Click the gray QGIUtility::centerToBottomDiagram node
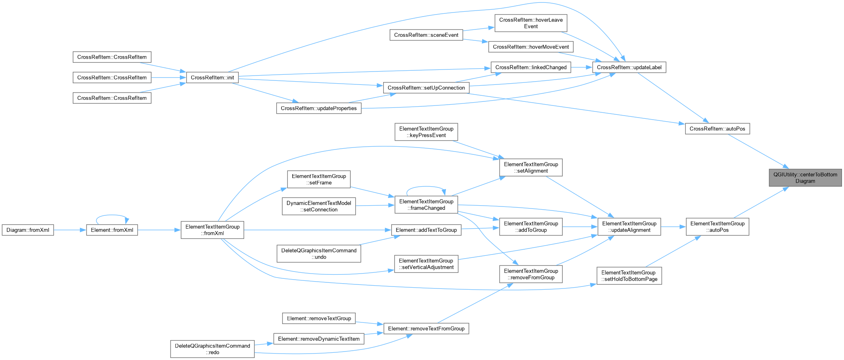pyautogui.click(x=805, y=178)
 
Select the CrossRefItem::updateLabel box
pyautogui.click(x=629, y=67)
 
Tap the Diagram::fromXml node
pyautogui.click(x=28, y=230)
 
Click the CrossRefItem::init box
pyautogui.click(x=212, y=78)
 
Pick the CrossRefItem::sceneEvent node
pyautogui.click(x=426, y=35)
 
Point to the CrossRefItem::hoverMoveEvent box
pyautogui.click(x=531, y=47)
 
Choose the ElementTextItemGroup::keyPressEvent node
pyautogui.click(x=426, y=132)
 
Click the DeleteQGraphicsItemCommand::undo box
pyautogui.click(x=319, y=254)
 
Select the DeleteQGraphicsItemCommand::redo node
pyautogui.click(x=212, y=349)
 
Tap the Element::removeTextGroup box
pyautogui.click(x=319, y=318)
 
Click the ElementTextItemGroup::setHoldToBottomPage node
pyautogui.click(x=629, y=276)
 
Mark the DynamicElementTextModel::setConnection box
pyautogui.click(x=319, y=206)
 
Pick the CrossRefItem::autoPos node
pyautogui.click(x=717, y=129)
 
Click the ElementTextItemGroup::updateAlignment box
pyautogui.click(x=629, y=227)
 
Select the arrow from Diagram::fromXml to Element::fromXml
pyautogui.click(x=70, y=230)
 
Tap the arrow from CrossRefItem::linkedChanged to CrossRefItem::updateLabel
pyautogui.click(x=582, y=67)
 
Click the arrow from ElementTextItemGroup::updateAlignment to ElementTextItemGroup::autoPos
pyautogui.click(x=673, y=227)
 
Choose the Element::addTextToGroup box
pyautogui.click(x=426, y=230)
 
